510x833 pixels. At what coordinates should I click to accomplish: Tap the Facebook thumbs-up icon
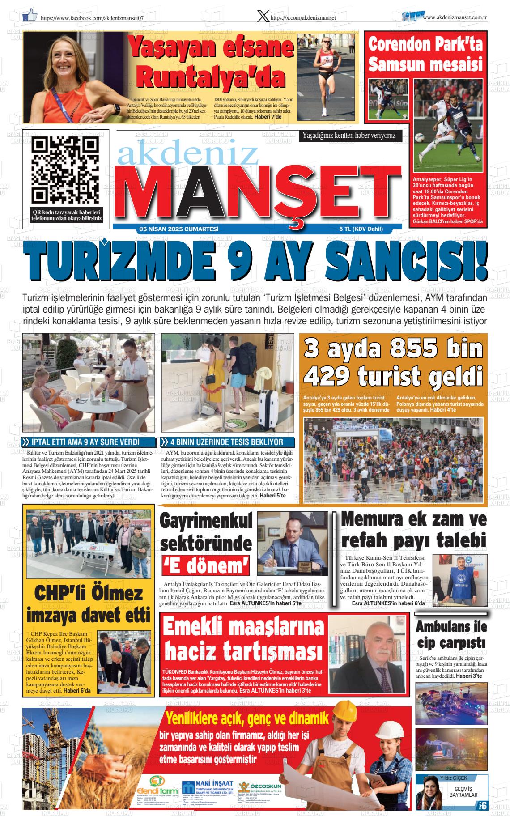[30, 17]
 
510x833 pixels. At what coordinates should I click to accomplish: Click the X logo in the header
[264, 17]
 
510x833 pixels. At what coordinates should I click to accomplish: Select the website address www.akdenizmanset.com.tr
[454, 17]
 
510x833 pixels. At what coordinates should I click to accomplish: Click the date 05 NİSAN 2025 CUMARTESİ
[178, 229]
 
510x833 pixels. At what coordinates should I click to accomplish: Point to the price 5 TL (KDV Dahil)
[361, 229]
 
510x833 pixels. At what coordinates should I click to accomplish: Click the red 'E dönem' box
[205, 567]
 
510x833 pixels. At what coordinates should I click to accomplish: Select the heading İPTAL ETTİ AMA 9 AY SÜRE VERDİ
[86, 442]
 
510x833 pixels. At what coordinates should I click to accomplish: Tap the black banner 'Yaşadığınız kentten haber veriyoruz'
[349, 135]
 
